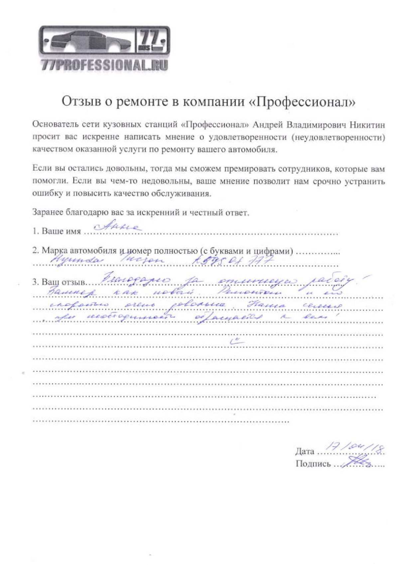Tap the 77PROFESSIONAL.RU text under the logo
[104, 65]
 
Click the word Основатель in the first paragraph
[54, 125]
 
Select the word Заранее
[48, 212]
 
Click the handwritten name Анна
[118, 227]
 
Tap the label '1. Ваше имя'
[57, 231]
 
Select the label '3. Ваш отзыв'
[60, 283]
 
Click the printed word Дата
[305, 451]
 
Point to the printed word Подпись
[313, 464]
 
